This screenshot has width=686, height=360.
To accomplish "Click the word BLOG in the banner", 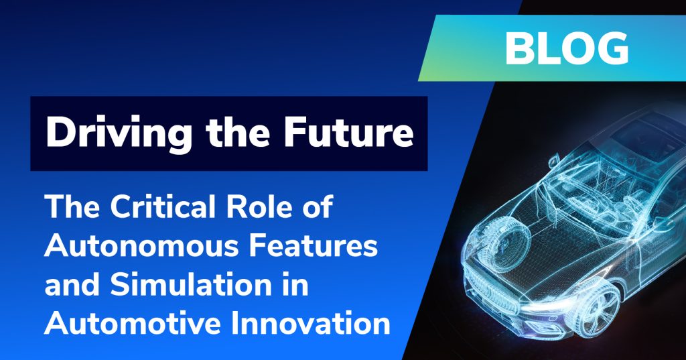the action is point(567,49).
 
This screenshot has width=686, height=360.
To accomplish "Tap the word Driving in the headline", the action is point(119,132).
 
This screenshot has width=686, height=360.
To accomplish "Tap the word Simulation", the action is point(190,284).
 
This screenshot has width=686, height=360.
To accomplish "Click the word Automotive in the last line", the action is point(132,323).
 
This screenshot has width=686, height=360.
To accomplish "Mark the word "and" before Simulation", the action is point(72,284).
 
